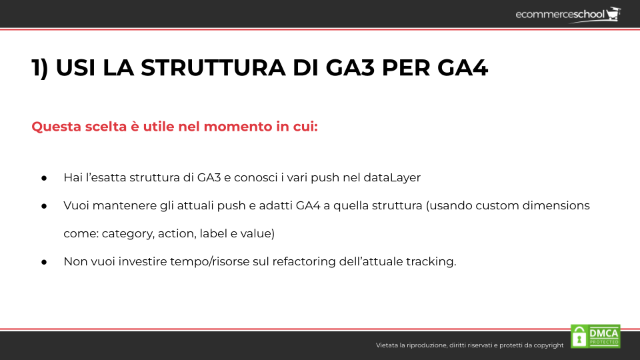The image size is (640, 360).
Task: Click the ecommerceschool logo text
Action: [x=559, y=15]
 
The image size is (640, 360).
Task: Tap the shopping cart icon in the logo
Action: [x=613, y=13]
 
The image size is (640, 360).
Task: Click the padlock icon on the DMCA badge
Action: [x=579, y=337]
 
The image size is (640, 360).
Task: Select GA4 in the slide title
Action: [x=463, y=67]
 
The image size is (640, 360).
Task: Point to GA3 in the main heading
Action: [x=350, y=67]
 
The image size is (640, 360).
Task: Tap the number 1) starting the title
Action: [x=40, y=68]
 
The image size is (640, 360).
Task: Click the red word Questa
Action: [x=56, y=127]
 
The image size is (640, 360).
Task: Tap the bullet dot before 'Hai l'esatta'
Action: [x=44, y=178]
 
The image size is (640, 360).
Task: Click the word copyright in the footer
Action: [x=548, y=345]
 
